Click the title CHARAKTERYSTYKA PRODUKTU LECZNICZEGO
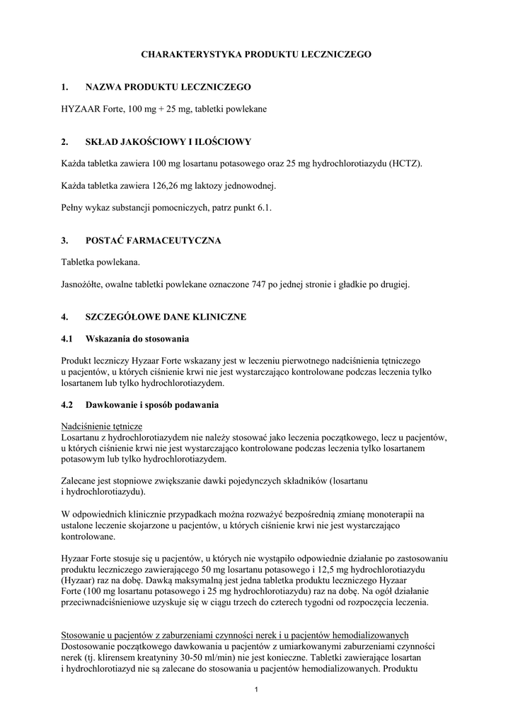(x=256, y=54)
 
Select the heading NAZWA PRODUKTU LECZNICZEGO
(x=168, y=87)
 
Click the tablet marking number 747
(x=262, y=284)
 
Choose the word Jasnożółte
(x=84, y=284)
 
